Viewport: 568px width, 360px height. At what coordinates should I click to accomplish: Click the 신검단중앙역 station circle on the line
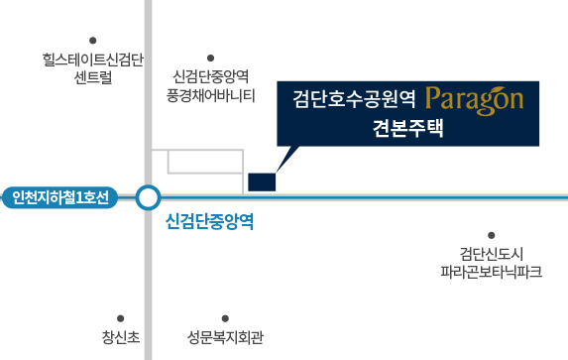pos(148,197)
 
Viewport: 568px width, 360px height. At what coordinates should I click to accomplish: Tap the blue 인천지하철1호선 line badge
pos(60,197)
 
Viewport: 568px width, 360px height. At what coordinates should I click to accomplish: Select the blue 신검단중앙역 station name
pos(209,221)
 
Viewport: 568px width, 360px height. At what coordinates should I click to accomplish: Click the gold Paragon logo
pos(475,101)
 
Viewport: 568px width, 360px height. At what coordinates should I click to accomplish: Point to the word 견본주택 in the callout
pos(407,128)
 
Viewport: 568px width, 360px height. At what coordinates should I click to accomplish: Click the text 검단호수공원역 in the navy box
pos(354,99)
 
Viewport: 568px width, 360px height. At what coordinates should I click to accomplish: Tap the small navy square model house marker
pos(262,182)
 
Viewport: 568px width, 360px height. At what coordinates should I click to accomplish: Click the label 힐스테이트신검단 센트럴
pos(93,68)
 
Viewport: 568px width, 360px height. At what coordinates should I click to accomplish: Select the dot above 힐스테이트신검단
pos(93,41)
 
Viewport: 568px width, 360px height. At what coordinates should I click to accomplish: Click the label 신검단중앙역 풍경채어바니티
pos(211,86)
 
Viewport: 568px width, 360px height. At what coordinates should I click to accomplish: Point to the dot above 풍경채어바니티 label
pos(210,58)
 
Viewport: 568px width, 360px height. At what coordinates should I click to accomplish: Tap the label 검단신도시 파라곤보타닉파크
pos(492,263)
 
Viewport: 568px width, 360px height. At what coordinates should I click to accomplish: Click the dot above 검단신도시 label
pos(492,235)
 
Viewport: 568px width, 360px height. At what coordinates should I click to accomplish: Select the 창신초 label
pos(121,337)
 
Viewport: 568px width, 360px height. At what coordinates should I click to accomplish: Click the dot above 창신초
pos(120,318)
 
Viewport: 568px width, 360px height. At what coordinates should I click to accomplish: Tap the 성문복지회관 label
pos(225,337)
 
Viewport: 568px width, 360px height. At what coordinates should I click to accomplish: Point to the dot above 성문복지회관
pos(225,318)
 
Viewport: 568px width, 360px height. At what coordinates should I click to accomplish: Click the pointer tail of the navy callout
pos(287,159)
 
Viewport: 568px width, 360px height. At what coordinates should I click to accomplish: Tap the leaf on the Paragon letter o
pos(501,90)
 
